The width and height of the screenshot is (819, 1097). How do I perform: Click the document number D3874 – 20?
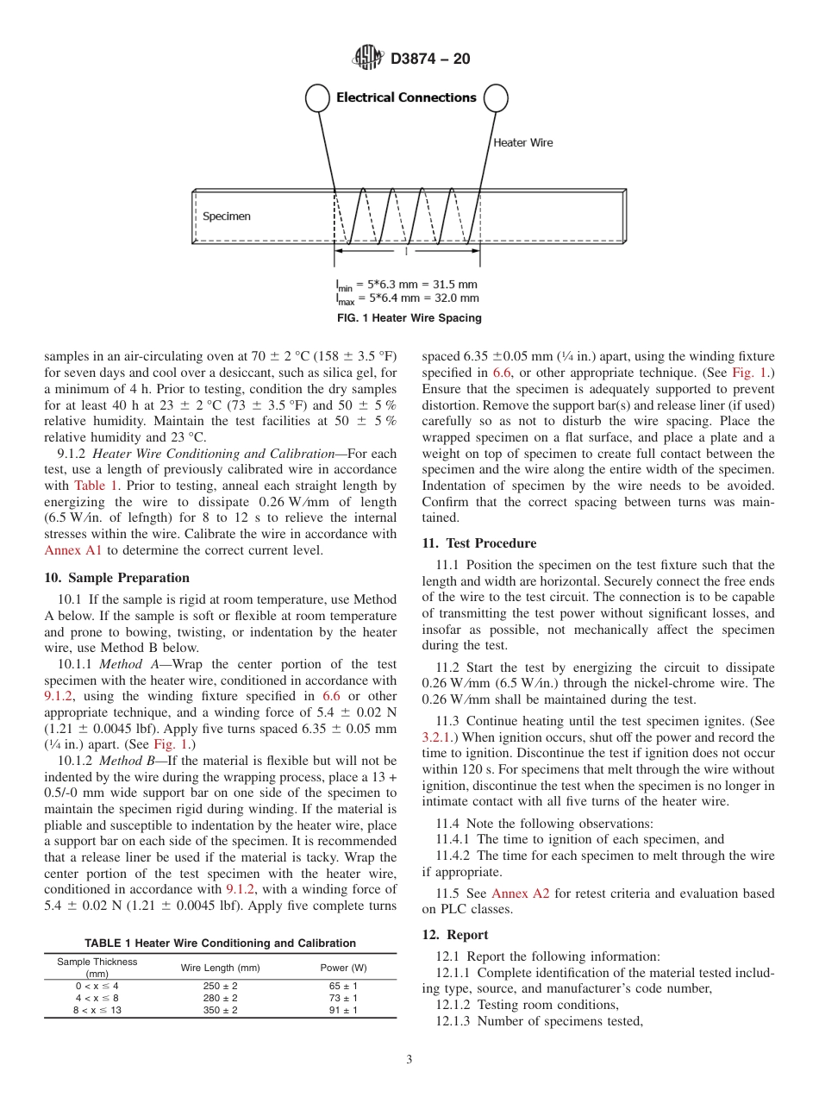coord(430,60)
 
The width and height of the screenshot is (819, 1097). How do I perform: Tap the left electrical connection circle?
coord(317,98)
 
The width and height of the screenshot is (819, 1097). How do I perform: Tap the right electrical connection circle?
coord(496,98)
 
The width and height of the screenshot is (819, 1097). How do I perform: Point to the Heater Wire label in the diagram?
coord(522,142)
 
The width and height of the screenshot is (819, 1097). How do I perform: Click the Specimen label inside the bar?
coord(227,216)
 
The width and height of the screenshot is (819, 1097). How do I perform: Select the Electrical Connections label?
coord(406,97)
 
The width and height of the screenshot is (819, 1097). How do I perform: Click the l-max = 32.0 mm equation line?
coord(406,298)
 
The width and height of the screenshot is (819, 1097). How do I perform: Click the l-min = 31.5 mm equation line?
coord(406,284)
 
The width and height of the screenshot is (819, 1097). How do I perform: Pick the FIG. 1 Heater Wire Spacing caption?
coord(409,318)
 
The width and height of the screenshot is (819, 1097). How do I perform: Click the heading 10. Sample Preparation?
coord(117,578)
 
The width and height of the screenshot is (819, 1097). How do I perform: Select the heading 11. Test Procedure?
coord(478,543)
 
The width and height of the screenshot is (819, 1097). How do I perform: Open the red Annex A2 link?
coord(520,893)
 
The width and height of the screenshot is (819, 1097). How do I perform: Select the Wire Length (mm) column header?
coord(220,968)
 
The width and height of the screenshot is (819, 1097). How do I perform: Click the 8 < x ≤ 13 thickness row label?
coord(97,1010)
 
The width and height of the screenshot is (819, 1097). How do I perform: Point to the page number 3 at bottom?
coord(409,1060)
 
